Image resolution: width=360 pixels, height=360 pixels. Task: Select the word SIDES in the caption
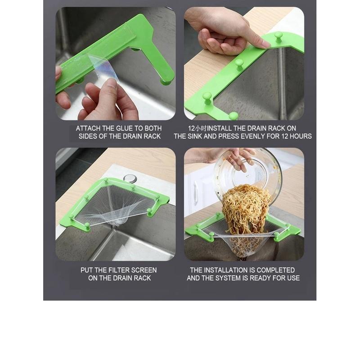tap(88, 136)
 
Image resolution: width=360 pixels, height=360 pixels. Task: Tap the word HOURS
tap(300, 136)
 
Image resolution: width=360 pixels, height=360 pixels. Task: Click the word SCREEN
tap(143, 270)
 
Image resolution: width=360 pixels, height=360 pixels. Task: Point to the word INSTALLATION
tap(225, 270)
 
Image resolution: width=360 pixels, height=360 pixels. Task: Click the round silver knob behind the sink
tap(130, 179)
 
